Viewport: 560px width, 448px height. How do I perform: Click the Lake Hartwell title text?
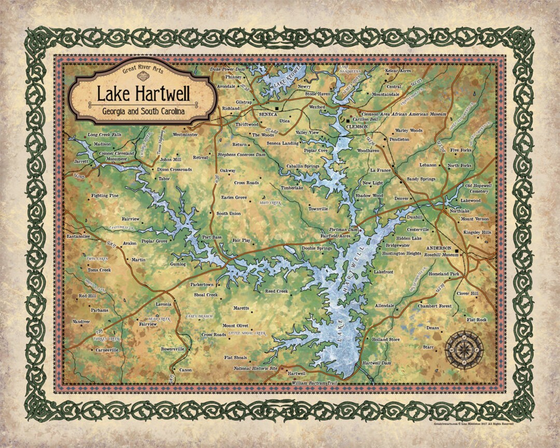(144, 94)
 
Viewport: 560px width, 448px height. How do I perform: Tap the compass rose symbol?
(465, 349)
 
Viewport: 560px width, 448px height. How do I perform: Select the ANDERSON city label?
(438, 248)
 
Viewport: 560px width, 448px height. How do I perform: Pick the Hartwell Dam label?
(377, 363)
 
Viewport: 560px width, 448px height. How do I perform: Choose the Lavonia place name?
(163, 304)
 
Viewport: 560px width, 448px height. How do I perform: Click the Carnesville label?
(107, 350)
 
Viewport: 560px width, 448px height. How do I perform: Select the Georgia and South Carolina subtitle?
(144, 111)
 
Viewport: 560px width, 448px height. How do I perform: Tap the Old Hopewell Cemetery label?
(477, 188)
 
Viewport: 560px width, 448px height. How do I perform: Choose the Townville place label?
(318, 209)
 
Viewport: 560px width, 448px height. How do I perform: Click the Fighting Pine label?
(105, 195)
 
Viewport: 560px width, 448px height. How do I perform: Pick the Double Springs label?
(317, 249)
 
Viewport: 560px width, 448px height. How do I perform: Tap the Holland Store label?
(386, 339)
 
